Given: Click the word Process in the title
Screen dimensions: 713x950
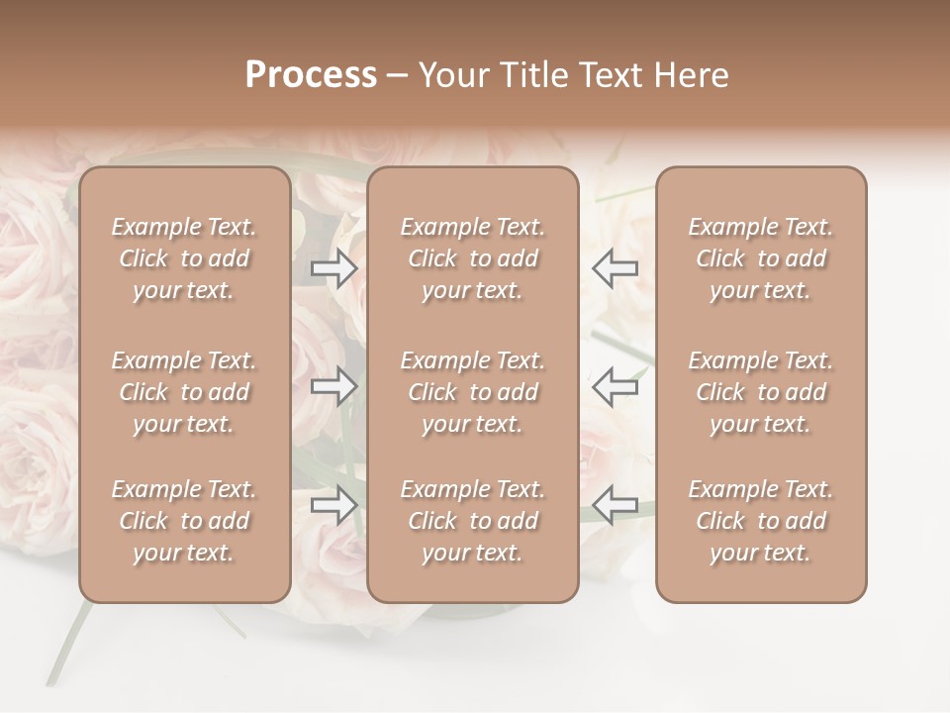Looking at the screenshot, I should tap(311, 75).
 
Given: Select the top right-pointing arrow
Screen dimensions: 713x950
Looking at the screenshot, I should tap(334, 267).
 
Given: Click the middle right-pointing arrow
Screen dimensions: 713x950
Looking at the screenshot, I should tap(334, 386).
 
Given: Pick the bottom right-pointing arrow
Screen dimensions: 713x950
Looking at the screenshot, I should tap(334, 505).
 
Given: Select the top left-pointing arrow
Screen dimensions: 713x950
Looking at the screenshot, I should tap(615, 267).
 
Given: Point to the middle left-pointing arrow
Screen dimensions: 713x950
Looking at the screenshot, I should tap(615, 386).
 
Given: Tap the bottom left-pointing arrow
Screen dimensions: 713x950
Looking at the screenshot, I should tap(615, 505).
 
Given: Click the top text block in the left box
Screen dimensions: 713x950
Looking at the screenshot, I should tap(184, 258).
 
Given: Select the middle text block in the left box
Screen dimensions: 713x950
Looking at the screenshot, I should tap(184, 392).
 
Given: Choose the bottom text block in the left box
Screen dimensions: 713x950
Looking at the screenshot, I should tap(184, 521).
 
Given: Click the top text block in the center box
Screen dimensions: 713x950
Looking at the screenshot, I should tap(472, 258).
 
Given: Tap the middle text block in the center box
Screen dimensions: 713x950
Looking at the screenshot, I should tap(472, 392).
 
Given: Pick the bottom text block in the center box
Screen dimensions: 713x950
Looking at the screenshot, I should tap(472, 521).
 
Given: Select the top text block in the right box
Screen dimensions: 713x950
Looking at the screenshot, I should tap(760, 258).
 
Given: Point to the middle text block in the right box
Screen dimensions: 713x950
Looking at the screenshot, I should tap(760, 392).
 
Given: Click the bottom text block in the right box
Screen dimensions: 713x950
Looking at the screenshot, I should tap(760, 521).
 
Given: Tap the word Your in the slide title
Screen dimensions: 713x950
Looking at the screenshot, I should tap(451, 75).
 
